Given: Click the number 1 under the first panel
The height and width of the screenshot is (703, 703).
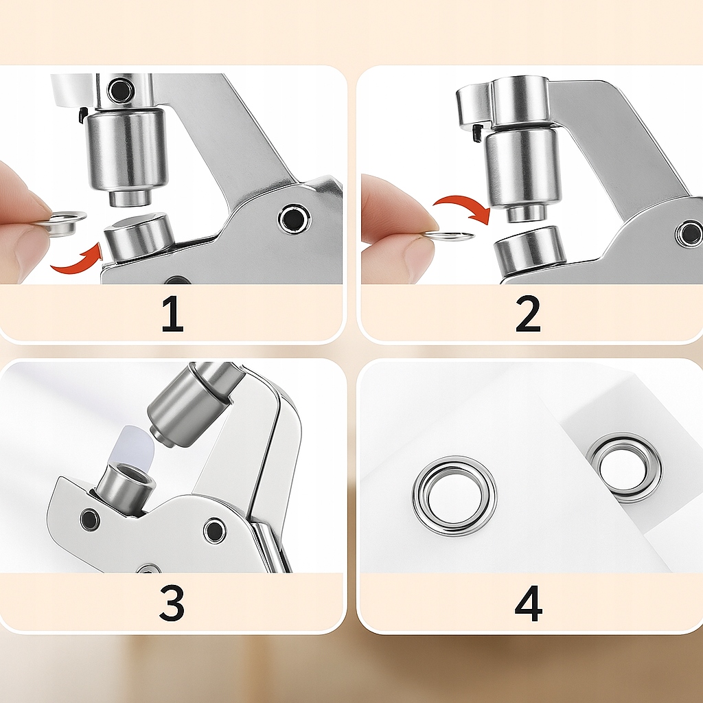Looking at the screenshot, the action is pyautogui.click(x=172, y=314).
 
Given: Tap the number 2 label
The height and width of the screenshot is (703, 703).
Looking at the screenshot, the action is pyautogui.click(x=528, y=314).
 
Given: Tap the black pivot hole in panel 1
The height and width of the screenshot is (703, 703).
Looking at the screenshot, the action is pyautogui.click(x=294, y=219).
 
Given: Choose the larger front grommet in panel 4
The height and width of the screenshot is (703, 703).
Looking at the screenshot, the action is pyautogui.click(x=454, y=496).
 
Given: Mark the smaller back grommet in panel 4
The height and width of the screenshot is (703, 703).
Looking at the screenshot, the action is pyautogui.click(x=623, y=468).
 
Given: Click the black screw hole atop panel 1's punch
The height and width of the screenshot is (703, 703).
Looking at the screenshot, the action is pyautogui.click(x=120, y=90).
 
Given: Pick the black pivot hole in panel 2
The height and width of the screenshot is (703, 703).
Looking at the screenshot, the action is pyautogui.click(x=689, y=233).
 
